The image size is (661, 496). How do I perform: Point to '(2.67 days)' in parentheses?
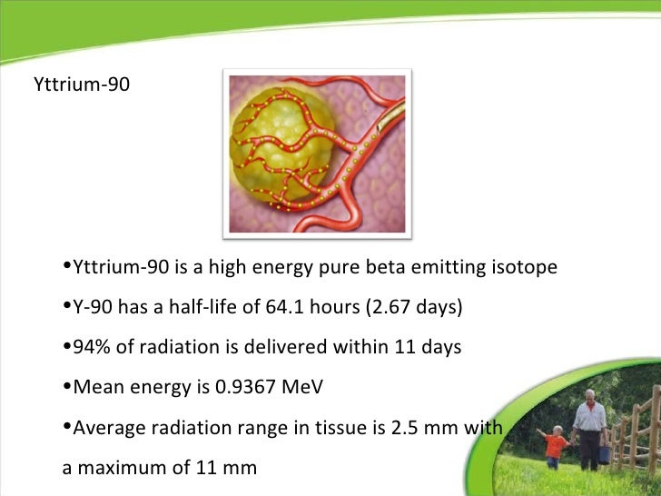click(x=414, y=308)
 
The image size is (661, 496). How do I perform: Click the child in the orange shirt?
click(x=555, y=445)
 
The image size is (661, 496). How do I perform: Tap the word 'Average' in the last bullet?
click(x=105, y=427)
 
